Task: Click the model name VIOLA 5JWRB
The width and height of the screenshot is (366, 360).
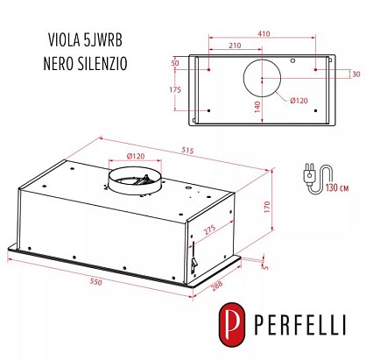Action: [85, 40]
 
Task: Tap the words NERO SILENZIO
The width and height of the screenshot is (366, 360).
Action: [85, 63]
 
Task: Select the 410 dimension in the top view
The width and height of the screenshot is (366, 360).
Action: [264, 33]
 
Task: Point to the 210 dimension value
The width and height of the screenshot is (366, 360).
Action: [235, 46]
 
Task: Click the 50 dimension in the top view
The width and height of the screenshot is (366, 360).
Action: [175, 63]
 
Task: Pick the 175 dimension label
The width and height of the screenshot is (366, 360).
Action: [175, 89]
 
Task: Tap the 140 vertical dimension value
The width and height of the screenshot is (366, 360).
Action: [257, 107]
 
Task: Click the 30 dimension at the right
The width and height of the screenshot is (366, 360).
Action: [356, 74]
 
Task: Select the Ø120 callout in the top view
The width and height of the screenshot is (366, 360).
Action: [299, 101]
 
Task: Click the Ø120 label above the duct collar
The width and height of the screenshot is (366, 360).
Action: [136, 156]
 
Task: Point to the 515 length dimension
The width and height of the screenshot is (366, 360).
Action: [187, 151]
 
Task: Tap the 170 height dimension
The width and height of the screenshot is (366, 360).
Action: [267, 207]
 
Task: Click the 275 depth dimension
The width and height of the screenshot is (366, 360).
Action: [209, 229]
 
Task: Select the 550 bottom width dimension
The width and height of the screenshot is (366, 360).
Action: [96, 282]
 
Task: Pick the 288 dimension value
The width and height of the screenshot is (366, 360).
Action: [216, 286]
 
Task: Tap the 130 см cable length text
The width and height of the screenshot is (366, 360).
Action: [337, 187]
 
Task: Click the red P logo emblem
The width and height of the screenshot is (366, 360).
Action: [232, 324]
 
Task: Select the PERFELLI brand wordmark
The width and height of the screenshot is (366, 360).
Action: [300, 324]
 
